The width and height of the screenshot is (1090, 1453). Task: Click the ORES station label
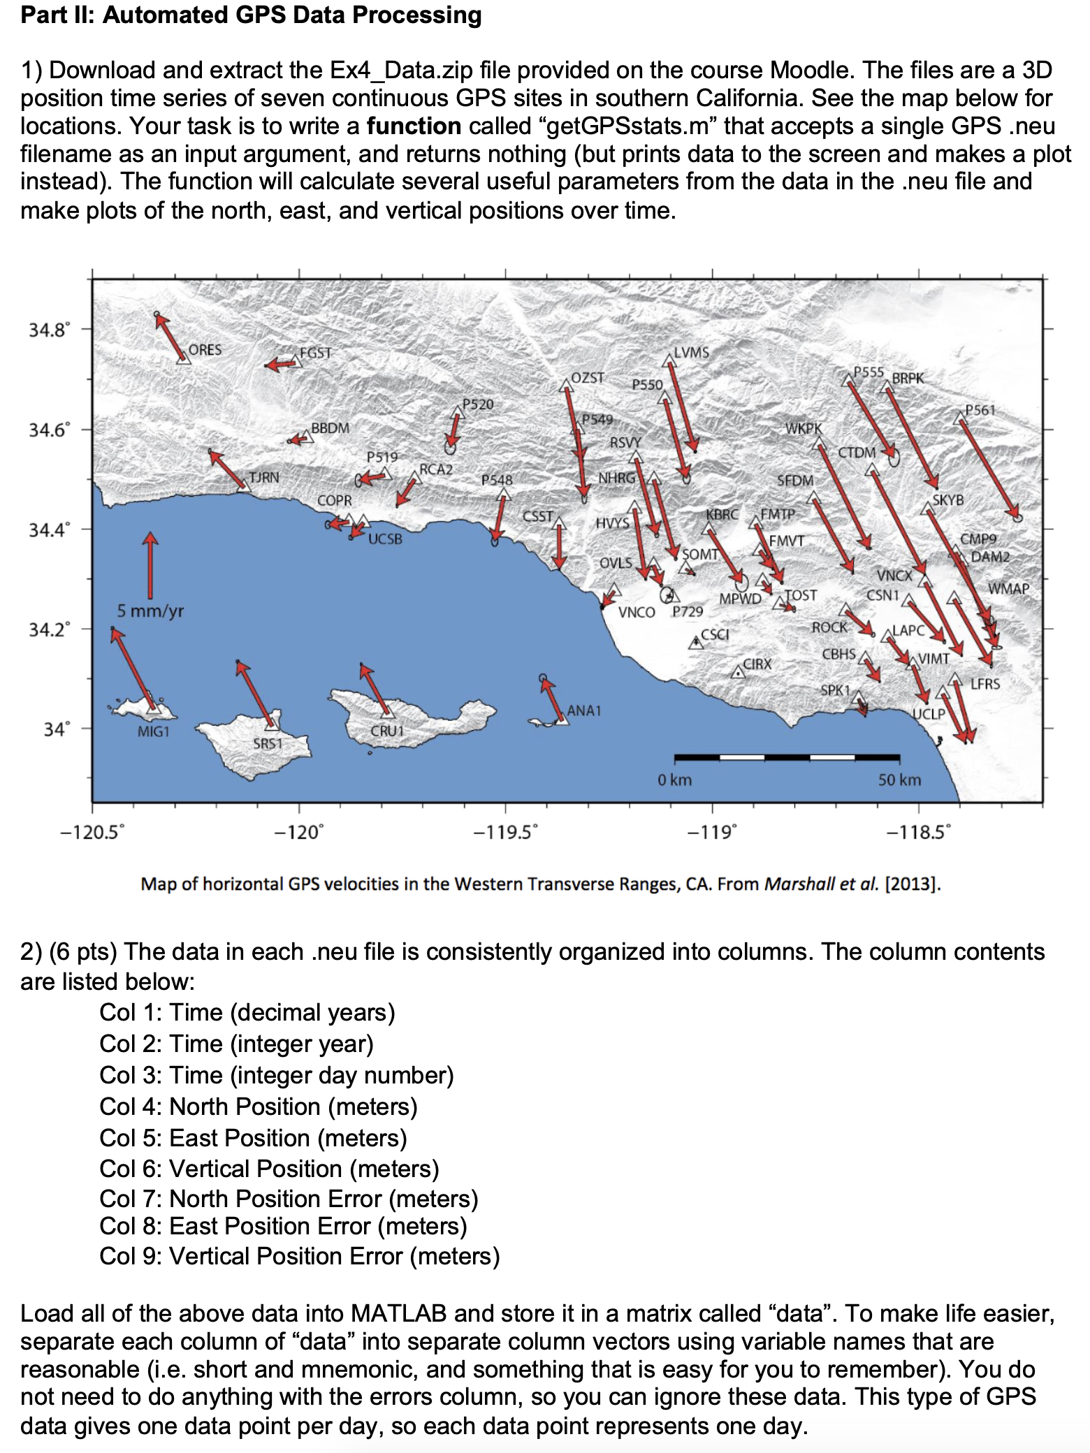205,350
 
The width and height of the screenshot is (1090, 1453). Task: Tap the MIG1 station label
153,731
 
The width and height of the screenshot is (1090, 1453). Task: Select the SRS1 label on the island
268,744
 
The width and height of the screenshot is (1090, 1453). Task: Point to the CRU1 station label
387,731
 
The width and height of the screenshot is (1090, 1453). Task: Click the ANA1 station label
583,710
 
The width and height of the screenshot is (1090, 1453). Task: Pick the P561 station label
980,410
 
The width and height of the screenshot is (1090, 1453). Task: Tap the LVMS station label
691,353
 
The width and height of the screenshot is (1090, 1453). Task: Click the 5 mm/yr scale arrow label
150,611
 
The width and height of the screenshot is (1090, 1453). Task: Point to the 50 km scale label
899,780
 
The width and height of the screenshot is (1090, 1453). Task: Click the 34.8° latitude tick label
49,330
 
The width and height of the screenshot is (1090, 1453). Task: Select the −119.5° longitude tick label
505,833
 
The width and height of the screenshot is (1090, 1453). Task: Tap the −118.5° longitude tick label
918,833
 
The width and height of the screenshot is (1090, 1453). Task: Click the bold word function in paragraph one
414,126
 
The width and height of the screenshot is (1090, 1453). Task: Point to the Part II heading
251,15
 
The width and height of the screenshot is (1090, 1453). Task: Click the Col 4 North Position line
258,1107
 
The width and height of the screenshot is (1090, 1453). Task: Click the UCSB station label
385,539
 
